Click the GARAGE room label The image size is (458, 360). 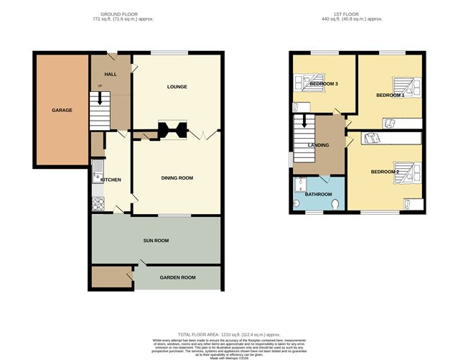(x=61, y=111)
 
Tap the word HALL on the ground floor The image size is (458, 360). (x=111, y=74)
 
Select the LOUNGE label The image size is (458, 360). (x=177, y=87)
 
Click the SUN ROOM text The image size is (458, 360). (x=154, y=240)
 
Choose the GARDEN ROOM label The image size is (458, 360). (x=177, y=277)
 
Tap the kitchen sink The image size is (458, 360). (x=95, y=172)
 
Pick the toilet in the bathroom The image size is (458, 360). (x=337, y=206)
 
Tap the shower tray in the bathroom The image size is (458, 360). (x=301, y=185)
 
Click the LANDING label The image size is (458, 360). (x=318, y=145)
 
